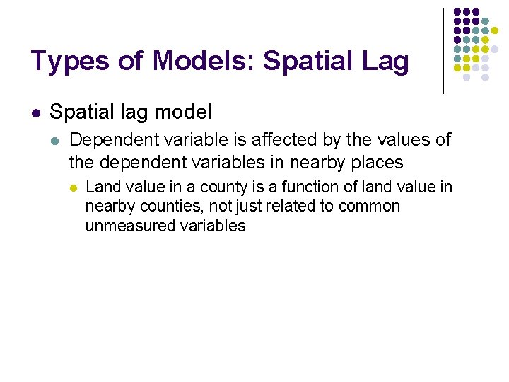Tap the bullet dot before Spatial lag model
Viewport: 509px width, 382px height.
[x=36, y=112]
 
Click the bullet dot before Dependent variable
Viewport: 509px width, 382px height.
[x=56, y=140]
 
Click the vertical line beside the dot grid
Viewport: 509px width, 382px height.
[x=443, y=51]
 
